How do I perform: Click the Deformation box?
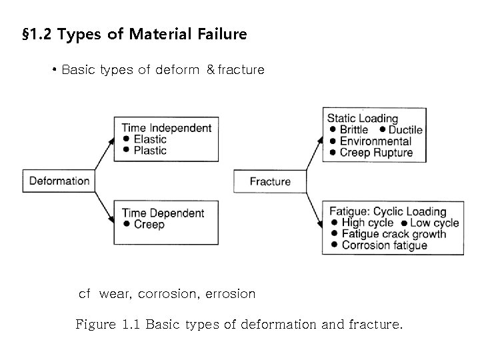(x=59, y=181)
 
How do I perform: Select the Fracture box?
(x=270, y=181)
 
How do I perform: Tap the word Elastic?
(x=150, y=139)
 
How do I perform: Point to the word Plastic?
(x=150, y=150)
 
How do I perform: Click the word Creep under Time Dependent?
(x=149, y=225)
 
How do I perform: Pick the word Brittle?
(x=354, y=130)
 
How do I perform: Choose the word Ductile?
(x=405, y=130)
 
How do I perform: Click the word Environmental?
(x=375, y=141)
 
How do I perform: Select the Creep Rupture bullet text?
(x=376, y=153)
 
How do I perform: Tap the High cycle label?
(x=367, y=223)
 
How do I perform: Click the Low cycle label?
(x=434, y=223)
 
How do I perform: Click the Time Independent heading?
(x=167, y=128)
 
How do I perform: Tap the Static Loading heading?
(x=362, y=119)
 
